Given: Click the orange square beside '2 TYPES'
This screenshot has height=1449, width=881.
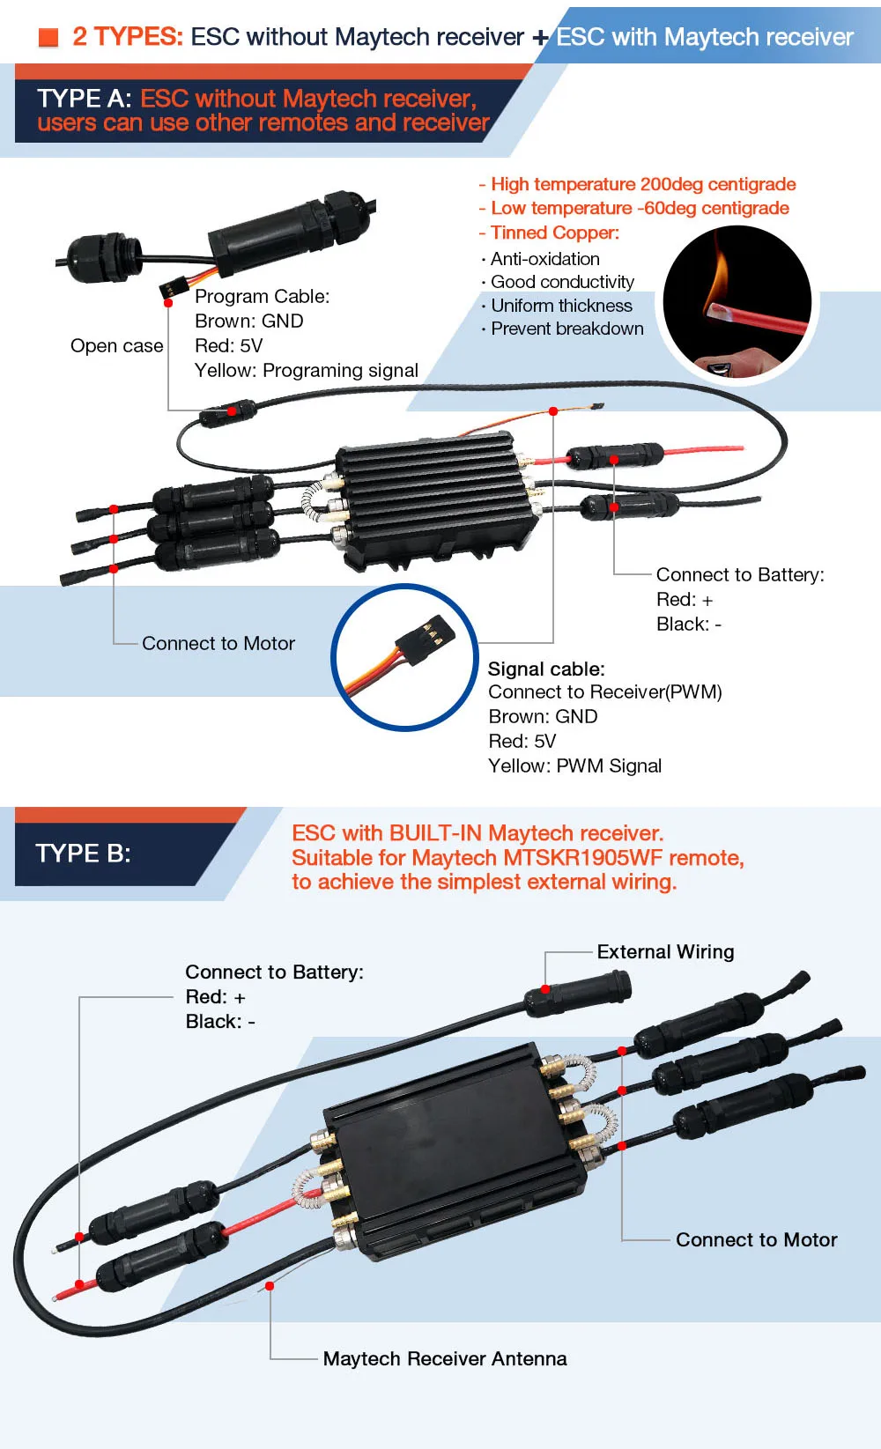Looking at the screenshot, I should pyautogui.click(x=48, y=37).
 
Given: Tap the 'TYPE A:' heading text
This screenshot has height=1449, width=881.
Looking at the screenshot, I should pyautogui.click(x=84, y=99).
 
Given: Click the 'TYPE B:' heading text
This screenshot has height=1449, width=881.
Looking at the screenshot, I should pyautogui.click(x=83, y=854).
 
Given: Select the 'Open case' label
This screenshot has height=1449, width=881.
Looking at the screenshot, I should pyautogui.click(x=116, y=346).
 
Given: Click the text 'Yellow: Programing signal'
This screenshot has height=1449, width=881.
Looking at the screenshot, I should pyautogui.click(x=306, y=371).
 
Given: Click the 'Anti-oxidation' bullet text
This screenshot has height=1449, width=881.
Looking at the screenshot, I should pyautogui.click(x=544, y=259).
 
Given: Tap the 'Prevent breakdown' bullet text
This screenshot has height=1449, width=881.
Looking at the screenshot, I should pyautogui.click(x=566, y=329).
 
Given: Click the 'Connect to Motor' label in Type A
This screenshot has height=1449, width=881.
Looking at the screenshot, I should pyautogui.click(x=218, y=644).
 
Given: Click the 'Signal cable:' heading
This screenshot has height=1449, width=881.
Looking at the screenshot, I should pyautogui.click(x=546, y=669).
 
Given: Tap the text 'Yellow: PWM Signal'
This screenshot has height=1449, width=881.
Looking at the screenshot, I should pyautogui.click(x=574, y=766).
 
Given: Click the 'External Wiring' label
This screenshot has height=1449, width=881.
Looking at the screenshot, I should pyautogui.click(x=665, y=952).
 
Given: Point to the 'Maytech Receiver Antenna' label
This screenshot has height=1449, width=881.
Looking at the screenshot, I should pyautogui.click(x=445, y=1359).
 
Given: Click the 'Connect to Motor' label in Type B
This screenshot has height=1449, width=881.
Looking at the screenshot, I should pyautogui.click(x=756, y=1240).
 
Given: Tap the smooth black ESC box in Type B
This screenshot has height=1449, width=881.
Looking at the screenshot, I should pyautogui.click(x=449, y=1145).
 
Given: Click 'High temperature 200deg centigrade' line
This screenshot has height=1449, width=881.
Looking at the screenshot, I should pyautogui.click(x=642, y=184).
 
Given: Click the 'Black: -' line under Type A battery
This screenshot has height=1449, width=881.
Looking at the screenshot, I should pyautogui.click(x=688, y=625).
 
